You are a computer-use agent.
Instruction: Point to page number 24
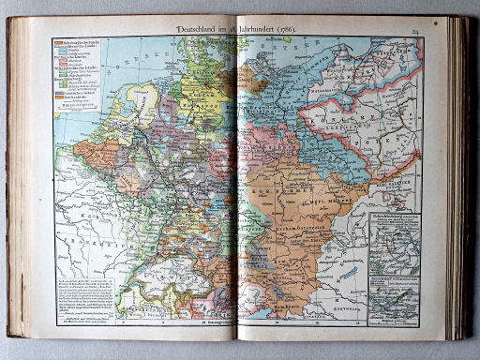click(x=441, y=32)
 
